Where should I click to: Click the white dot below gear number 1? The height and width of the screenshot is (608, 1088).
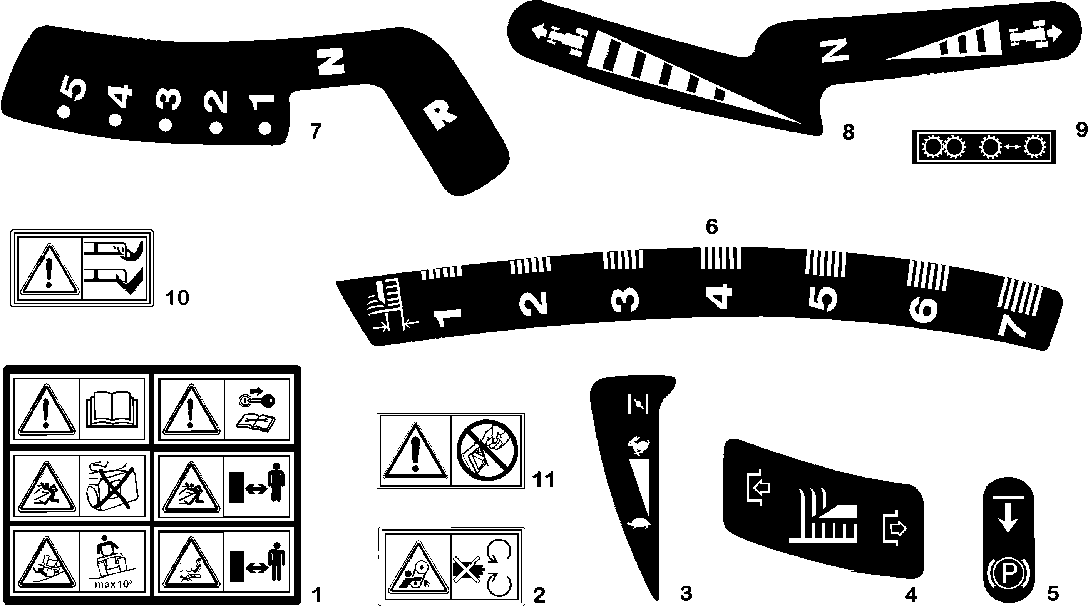pyautogui.click(x=265, y=129)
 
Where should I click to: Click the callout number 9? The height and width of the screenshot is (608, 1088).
pyautogui.click(x=1081, y=130)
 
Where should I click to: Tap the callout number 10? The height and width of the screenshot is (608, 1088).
pyautogui.click(x=177, y=298)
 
